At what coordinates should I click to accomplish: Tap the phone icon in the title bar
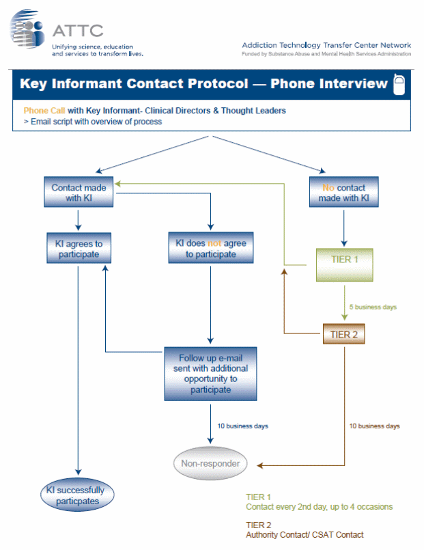click(399, 84)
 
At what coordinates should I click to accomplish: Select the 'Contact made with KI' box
click(77, 193)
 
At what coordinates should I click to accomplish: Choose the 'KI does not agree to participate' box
click(211, 249)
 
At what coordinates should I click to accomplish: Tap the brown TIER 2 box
click(344, 335)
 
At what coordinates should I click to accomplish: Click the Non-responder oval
click(210, 464)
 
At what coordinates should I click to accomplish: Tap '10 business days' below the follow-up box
click(243, 426)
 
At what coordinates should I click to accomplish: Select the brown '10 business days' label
click(374, 426)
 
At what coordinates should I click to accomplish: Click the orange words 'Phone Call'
click(44, 111)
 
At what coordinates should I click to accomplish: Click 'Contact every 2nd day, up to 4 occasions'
click(319, 507)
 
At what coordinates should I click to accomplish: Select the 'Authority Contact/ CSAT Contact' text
click(305, 535)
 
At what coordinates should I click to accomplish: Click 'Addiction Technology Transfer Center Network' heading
click(326, 45)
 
